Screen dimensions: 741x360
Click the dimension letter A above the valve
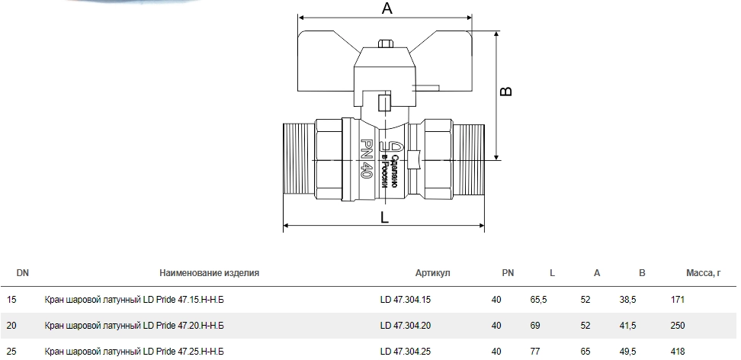click(x=387, y=8)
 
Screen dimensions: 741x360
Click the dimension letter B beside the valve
click(x=505, y=91)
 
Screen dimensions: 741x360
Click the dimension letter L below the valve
click(x=384, y=217)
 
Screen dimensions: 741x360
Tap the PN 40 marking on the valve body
click(x=366, y=159)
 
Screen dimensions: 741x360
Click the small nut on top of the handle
click(x=386, y=44)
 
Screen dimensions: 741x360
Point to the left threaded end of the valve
click(x=299, y=159)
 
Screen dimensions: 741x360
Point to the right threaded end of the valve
click(x=470, y=159)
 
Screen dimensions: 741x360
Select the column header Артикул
click(x=433, y=273)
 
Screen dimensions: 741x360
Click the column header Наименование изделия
click(x=210, y=273)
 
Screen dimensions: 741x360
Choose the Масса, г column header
click(x=704, y=273)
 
